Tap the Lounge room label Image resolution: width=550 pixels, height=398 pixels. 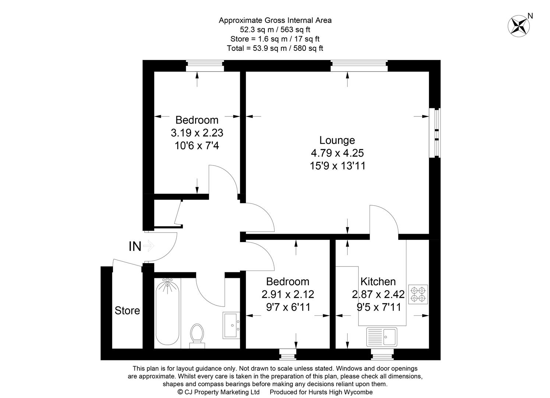pyautogui.click(x=337, y=140)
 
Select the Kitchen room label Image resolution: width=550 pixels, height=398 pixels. pyautogui.click(x=378, y=282)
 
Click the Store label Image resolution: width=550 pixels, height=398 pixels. pyautogui.click(x=127, y=311)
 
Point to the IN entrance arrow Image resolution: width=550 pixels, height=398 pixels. pyautogui.click(x=148, y=246)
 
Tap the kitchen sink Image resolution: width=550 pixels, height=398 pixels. pyautogui.click(x=382, y=337)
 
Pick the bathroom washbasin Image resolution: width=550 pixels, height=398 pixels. pyautogui.click(x=232, y=325)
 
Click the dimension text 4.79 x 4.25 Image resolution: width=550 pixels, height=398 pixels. pyautogui.click(x=337, y=153)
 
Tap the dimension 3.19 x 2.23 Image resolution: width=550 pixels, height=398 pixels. pyautogui.click(x=197, y=133)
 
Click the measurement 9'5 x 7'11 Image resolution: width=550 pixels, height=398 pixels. pyautogui.click(x=378, y=307)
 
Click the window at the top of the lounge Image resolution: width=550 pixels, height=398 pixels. pyautogui.click(x=359, y=66)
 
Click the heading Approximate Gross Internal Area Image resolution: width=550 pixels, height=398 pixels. pyautogui.click(x=275, y=20)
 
